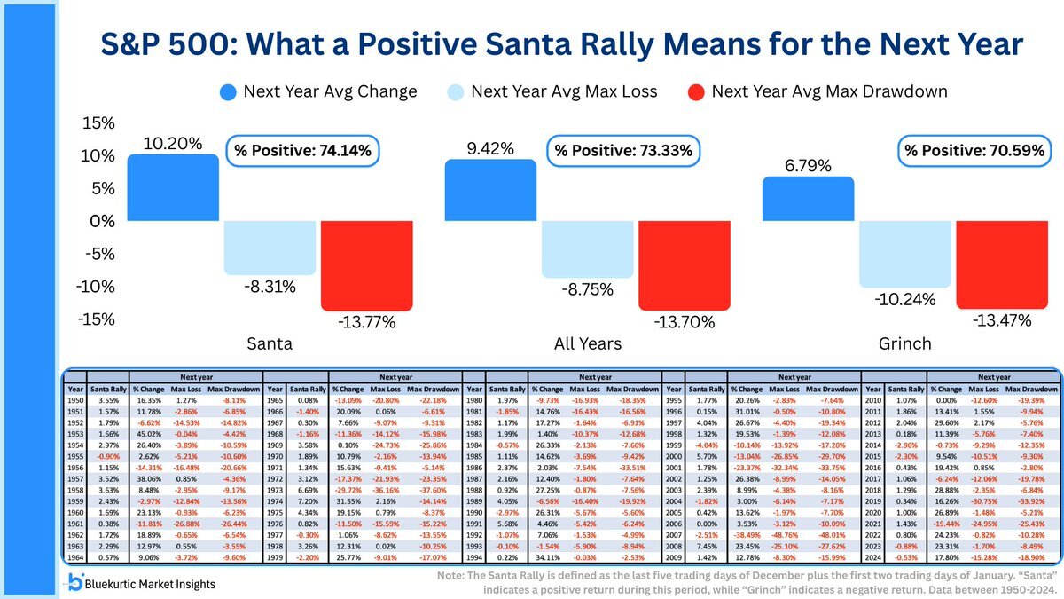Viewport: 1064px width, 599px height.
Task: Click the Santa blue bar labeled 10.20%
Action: [174, 187]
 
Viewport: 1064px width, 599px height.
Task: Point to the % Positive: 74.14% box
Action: [301, 151]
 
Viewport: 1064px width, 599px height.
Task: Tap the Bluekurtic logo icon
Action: [77, 581]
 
